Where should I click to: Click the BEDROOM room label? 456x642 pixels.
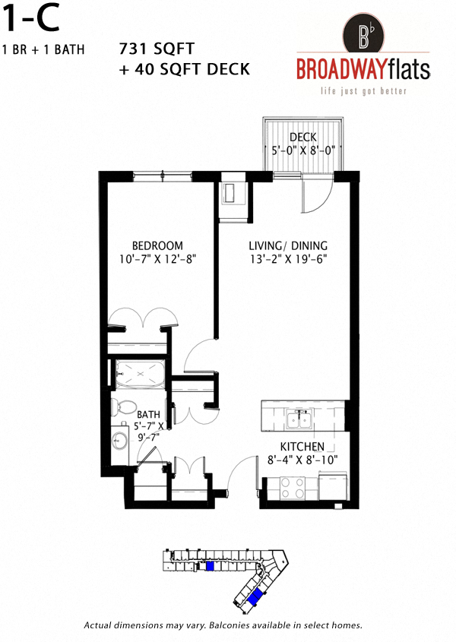tap(157, 245)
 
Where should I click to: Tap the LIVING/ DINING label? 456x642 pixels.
tap(288, 245)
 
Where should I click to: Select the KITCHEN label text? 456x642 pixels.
tap(302, 446)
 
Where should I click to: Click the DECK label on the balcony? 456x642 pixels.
tap(302, 137)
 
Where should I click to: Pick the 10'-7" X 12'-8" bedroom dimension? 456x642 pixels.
tap(157, 259)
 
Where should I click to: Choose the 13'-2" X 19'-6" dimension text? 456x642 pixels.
tap(288, 259)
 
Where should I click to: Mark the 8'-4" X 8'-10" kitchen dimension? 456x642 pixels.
tap(302, 460)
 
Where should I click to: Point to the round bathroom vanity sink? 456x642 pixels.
tap(119, 439)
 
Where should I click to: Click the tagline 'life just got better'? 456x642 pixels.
tap(363, 91)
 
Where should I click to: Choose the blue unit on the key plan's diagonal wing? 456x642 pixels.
tap(258, 596)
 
